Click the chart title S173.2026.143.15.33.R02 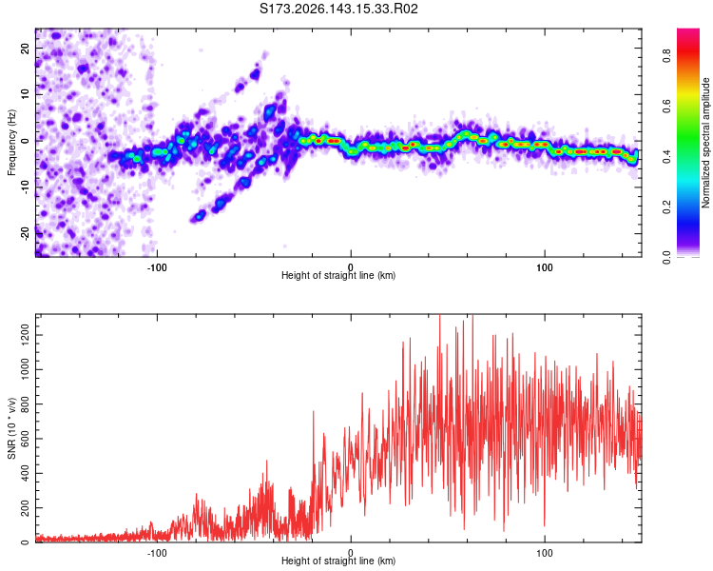click(338, 9)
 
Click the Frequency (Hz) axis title click(11, 143)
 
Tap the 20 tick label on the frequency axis click(25, 48)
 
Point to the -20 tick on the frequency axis click(25, 234)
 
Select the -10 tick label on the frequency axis click(25, 187)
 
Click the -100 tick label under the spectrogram click(157, 267)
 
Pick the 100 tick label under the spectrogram click(545, 267)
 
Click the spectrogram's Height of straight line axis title click(338, 275)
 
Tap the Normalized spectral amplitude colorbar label click(705, 143)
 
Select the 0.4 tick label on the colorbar click(666, 156)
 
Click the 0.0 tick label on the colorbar click(666, 257)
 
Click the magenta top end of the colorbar click(688, 30)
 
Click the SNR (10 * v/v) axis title click(11, 428)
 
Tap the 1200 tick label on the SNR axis click(25, 335)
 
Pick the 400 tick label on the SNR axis click(25, 474)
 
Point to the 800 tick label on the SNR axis click(25, 404)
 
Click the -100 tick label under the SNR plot click(157, 553)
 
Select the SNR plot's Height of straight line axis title click(338, 561)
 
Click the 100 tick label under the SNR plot click(545, 553)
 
